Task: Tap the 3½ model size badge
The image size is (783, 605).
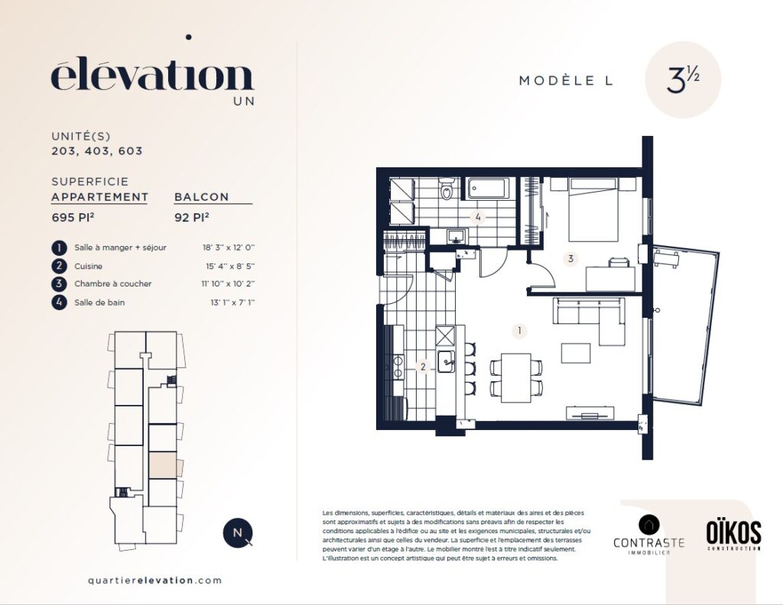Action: click(x=683, y=79)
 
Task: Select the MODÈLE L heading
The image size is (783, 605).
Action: click(x=566, y=80)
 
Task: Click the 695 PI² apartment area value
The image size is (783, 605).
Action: click(x=73, y=218)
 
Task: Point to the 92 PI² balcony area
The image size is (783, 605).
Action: click(x=192, y=218)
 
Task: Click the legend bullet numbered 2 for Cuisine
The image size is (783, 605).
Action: click(x=59, y=267)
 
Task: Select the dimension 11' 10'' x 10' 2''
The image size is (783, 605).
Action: click(x=228, y=284)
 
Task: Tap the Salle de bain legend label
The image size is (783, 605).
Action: click(x=99, y=302)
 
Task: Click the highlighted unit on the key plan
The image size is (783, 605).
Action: click(x=163, y=465)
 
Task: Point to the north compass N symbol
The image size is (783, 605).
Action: click(x=238, y=532)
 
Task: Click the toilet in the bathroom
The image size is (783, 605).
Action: click(x=447, y=189)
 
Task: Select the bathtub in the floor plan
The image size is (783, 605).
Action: click(x=488, y=189)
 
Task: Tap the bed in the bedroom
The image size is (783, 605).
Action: click(x=593, y=209)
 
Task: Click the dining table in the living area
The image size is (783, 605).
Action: click(x=516, y=377)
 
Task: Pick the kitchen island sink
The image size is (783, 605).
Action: click(x=446, y=361)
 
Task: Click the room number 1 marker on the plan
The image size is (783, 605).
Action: click(x=519, y=330)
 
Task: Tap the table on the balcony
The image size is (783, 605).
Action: click(x=667, y=259)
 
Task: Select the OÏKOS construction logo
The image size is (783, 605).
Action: click(x=733, y=535)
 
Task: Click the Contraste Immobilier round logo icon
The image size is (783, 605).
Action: click(x=648, y=525)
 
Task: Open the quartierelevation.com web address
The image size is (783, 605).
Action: click(x=154, y=580)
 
